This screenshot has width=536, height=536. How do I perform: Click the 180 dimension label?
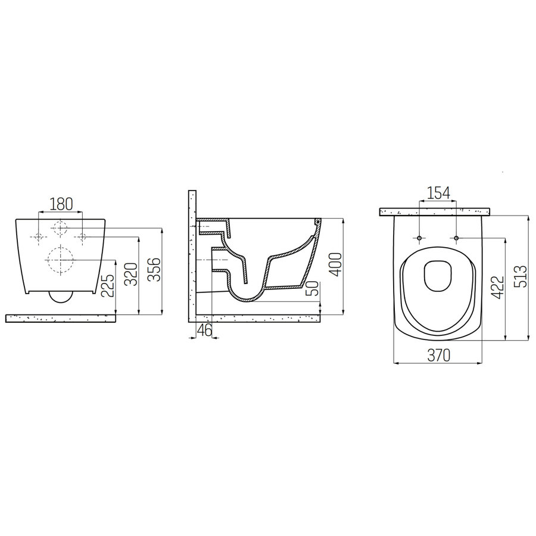pos(61,204)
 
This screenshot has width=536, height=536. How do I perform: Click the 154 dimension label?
pos(438,192)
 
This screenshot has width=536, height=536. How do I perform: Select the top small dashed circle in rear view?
pos(60,227)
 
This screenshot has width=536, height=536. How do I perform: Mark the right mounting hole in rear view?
pos(82,238)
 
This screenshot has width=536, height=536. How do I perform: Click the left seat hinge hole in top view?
pos(420,238)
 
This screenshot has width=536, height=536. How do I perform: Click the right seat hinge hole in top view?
pos(456,238)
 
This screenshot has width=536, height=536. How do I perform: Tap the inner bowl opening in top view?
pos(438,278)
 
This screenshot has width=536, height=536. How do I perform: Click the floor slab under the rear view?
pos(60,318)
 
